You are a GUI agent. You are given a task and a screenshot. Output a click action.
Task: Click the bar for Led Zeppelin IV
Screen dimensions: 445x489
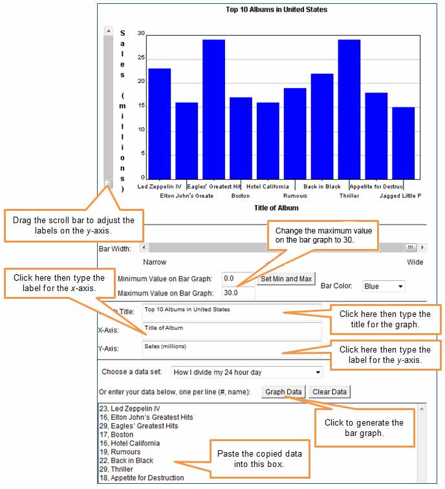pos(159,124)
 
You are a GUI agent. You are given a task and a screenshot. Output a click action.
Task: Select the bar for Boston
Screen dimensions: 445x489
pos(241,138)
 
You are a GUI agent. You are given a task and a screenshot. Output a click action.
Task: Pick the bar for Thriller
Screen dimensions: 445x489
pos(349,109)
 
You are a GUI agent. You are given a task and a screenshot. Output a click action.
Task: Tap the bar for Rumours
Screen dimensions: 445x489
pos(295,134)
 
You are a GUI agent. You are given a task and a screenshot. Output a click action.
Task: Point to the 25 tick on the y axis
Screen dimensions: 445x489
pos(141,58)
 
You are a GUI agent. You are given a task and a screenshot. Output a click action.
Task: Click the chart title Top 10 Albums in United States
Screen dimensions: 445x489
pos(277,9)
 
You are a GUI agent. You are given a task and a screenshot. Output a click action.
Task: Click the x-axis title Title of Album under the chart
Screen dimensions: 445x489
pos(276,208)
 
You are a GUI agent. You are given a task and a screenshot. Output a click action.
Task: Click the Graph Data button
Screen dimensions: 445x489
pos(283,392)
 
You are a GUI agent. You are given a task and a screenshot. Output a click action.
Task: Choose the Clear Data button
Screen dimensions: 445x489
pos(330,392)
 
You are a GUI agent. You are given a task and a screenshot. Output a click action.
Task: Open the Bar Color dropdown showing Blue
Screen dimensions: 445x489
pos(384,286)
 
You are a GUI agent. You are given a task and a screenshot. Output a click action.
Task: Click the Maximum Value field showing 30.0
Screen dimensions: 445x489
pos(239,293)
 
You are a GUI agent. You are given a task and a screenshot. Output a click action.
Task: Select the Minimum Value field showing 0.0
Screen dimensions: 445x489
pos(239,279)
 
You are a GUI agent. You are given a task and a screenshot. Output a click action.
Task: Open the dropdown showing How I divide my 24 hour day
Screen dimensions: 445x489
pos(246,372)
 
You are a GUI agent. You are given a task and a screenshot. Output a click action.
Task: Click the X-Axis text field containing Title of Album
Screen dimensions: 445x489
pos(232,331)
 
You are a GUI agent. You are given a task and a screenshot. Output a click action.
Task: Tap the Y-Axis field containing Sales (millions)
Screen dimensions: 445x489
pos(232,349)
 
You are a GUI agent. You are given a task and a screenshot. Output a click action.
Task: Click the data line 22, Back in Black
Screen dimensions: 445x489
pos(126,461)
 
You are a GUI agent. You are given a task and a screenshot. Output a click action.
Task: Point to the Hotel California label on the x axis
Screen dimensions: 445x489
pos(268,186)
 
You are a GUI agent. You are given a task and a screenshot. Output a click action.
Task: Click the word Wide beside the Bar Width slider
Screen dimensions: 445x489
pos(415,262)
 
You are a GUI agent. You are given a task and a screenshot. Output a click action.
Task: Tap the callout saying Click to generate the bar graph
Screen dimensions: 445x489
pos(365,428)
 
